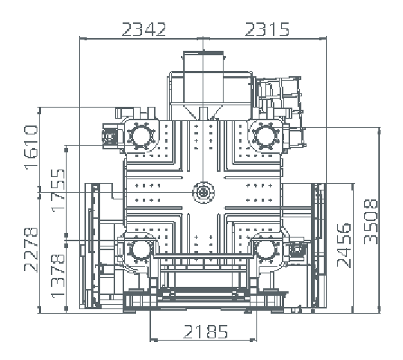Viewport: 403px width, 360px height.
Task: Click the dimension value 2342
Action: (x=144, y=29)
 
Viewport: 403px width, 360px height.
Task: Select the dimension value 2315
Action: (x=268, y=29)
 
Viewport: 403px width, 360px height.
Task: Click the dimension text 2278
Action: (x=31, y=249)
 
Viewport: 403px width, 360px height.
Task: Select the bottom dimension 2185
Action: (x=206, y=332)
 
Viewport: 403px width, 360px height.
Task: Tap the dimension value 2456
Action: (x=344, y=246)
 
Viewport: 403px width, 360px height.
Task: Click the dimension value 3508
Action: (x=371, y=222)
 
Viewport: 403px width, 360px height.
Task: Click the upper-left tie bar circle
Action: (x=141, y=136)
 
